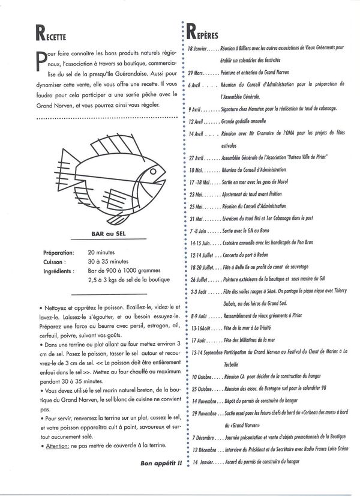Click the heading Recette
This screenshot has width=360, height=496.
point(40,35)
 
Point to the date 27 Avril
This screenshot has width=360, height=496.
point(198,158)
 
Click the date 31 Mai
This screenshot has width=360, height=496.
point(196,219)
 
